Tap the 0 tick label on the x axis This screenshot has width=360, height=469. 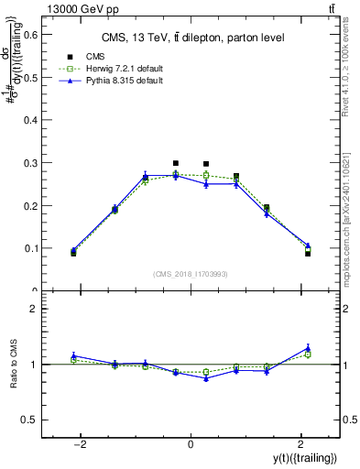pos(191,443)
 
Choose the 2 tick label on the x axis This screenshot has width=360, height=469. pos(300,443)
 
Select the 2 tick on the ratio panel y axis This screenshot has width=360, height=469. pos(34,310)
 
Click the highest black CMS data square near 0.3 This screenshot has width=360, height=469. pos(176,163)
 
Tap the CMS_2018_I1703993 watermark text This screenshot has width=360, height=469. pos(190,274)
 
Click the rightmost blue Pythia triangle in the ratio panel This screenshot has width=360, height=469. pos(308,347)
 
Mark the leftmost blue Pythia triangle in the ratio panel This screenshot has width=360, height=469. pos(73,355)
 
